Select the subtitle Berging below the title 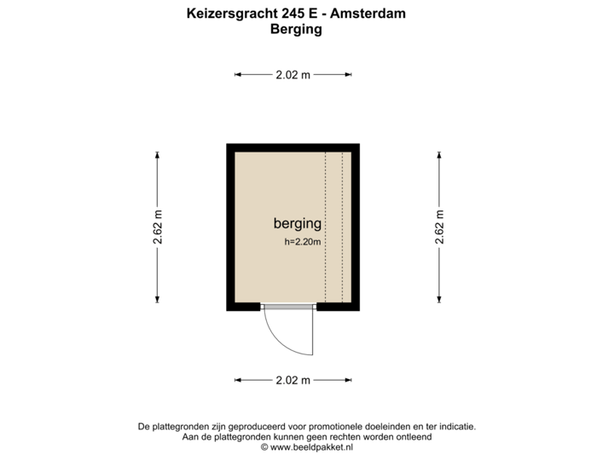(x=295, y=29)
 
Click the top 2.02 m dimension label (x=293, y=75)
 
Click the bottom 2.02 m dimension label (x=293, y=380)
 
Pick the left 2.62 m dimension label (x=158, y=227)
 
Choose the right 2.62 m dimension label (x=439, y=227)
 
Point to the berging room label (x=297, y=224)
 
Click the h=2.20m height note (x=303, y=242)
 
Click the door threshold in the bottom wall (x=288, y=308)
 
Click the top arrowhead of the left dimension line (x=158, y=153)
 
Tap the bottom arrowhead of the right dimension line (x=439, y=299)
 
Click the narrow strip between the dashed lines (x=333, y=227)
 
